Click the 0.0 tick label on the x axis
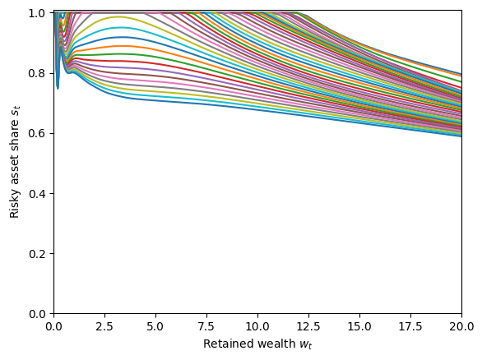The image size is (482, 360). coord(53,326)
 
